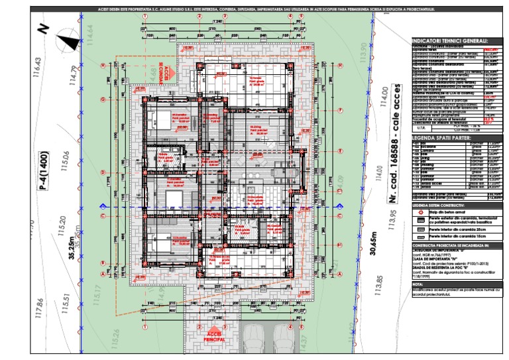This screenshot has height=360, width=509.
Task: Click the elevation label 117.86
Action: pyautogui.click(x=40, y=312)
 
